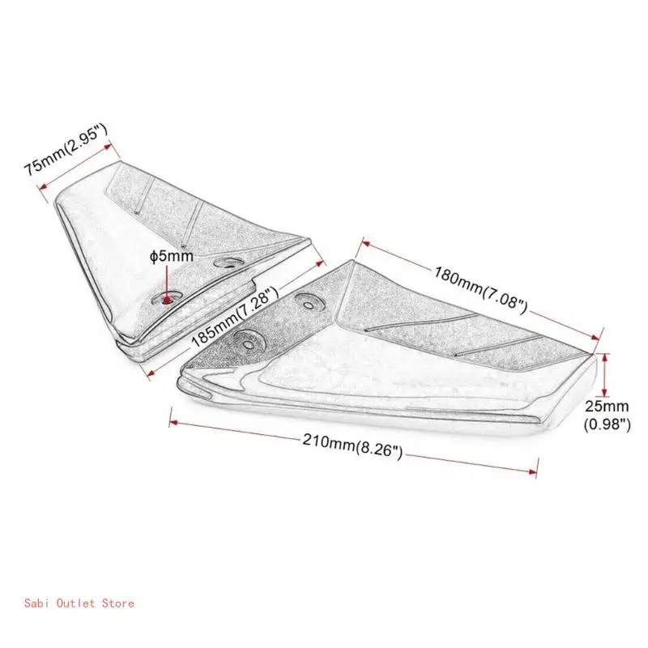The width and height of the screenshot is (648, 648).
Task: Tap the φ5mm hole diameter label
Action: (171, 256)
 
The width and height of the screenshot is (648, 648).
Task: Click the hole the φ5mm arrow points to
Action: (168, 299)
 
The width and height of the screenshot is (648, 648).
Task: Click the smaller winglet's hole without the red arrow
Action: (232, 262)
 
